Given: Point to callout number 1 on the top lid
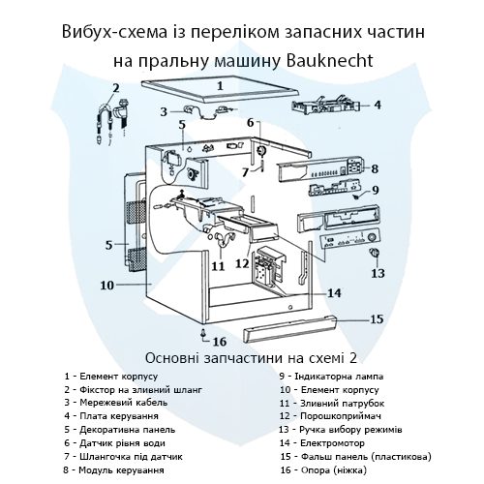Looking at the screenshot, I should pos(220,86).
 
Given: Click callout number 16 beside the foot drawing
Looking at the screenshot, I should pos(220,341).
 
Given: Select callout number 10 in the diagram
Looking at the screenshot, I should pos(107,285).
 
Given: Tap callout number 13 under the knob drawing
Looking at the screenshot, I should pos(378,273).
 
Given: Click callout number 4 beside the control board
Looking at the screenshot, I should pos(377,105).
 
